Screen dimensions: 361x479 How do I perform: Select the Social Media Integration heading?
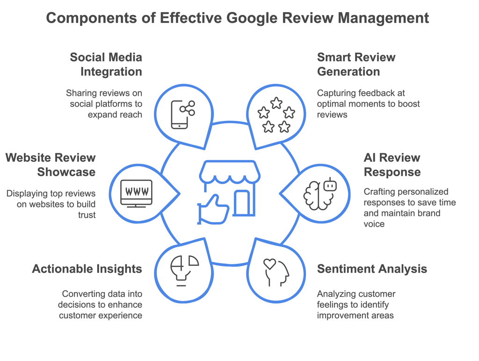coord(106,64)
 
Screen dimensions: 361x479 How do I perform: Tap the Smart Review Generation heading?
coord(356,64)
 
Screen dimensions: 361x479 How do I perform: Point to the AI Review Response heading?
coord(392,165)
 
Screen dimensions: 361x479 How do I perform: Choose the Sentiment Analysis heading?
coord(372,269)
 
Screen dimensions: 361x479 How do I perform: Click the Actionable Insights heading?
coord(87,269)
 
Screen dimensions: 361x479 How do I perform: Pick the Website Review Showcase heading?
coord(51,165)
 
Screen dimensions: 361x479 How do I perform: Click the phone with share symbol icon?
coord(182,114)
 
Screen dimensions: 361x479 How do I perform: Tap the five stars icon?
coord(276,115)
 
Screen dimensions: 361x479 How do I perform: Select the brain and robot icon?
coord(320,193)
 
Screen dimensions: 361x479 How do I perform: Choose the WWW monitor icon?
coord(136,193)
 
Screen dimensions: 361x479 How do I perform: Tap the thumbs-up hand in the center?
coord(213,209)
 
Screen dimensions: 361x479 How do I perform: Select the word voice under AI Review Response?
coord(374,224)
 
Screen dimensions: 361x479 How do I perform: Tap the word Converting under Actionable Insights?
coord(82,294)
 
